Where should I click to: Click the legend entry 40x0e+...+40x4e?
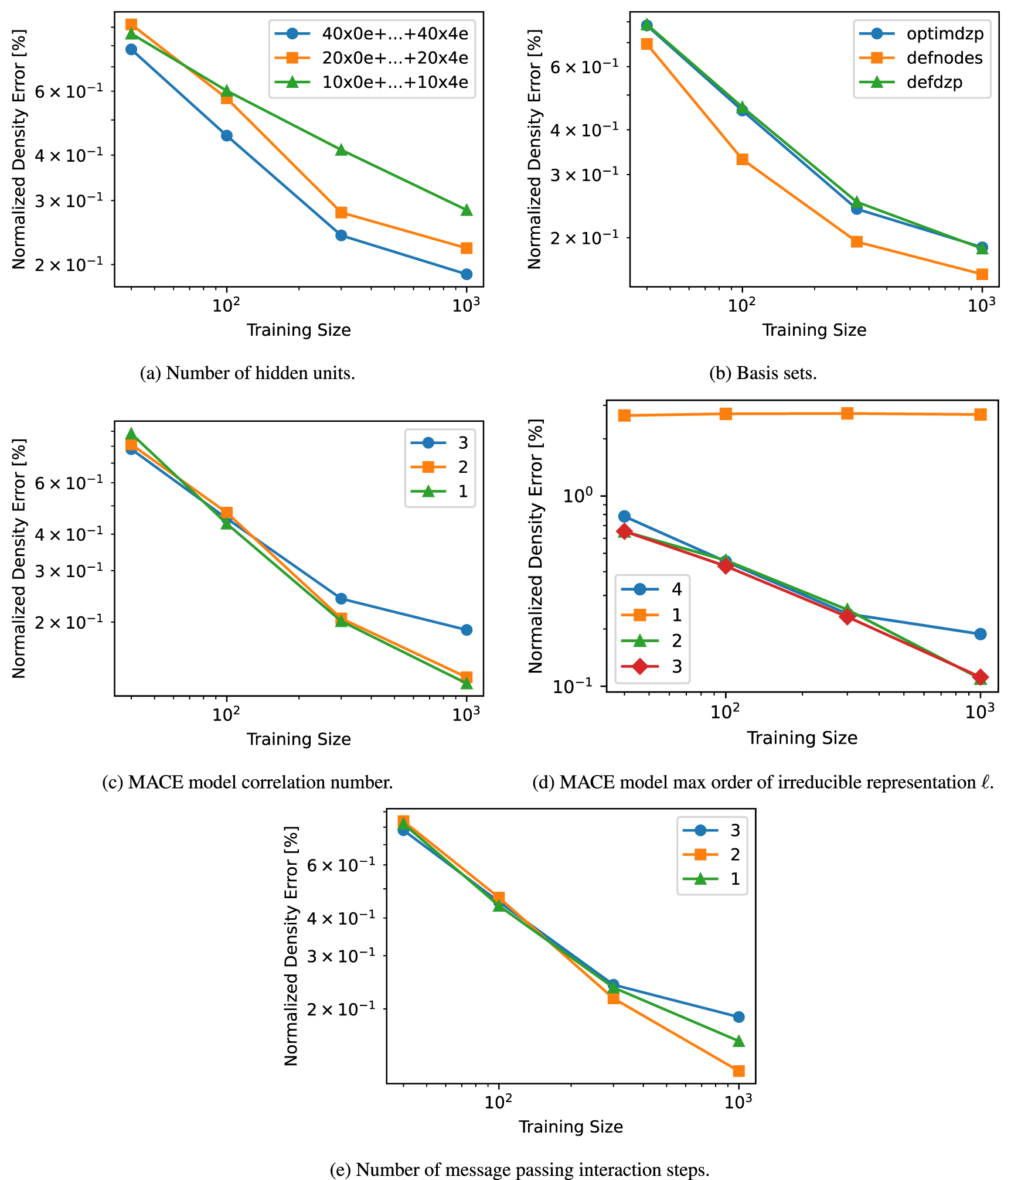coord(394,34)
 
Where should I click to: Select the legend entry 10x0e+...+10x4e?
coord(394,83)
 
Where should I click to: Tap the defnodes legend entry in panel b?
coord(944,58)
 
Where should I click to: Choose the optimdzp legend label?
coord(944,34)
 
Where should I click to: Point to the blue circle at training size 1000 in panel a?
coord(467,274)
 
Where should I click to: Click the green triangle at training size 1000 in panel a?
coord(467,210)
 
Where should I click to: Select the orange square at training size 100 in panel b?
coord(743,159)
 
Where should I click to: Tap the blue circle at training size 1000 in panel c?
coord(467,630)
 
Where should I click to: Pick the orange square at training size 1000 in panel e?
coord(739,1071)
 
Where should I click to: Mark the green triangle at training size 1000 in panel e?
coord(739,1041)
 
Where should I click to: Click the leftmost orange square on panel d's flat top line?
coord(625,415)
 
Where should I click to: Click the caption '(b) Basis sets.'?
coord(763,373)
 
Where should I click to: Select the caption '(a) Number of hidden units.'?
coord(247,373)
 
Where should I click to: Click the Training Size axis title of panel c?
coord(298,739)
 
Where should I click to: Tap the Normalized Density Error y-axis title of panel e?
coord(291,946)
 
